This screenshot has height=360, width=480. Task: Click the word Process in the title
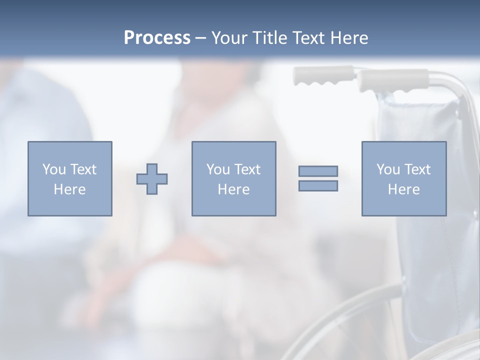pos(157,38)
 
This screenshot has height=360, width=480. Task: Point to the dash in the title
pos(201,38)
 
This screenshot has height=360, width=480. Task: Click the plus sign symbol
pos(152,178)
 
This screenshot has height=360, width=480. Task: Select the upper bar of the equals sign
pos(318,171)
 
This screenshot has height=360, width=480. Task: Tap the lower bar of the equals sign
pos(318,186)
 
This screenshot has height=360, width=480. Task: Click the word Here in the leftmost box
pos(69,189)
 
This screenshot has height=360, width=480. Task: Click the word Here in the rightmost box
pos(403,189)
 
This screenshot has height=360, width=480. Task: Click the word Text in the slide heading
pos(307,38)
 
